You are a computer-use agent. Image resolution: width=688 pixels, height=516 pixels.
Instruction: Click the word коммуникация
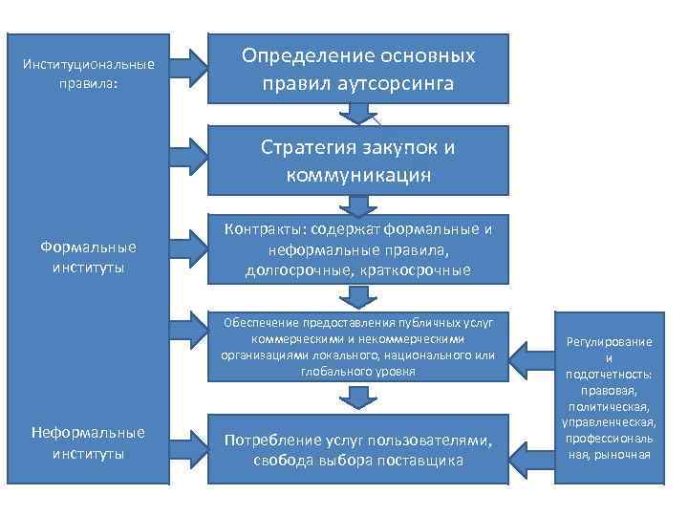[x=358, y=175]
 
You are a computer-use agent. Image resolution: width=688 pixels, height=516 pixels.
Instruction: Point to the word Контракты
[x=263, y=229]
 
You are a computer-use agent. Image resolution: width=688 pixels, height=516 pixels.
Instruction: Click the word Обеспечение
[x=260, y=323]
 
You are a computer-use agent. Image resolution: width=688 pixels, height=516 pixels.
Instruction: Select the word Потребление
[x=271, y=441]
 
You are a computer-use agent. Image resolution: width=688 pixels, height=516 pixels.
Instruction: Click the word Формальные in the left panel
[x=88, y=247]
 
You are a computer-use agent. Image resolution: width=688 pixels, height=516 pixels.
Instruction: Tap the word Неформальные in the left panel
[x=88, y=433]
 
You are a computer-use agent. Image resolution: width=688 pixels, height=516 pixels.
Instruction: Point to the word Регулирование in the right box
[x=609, y=342]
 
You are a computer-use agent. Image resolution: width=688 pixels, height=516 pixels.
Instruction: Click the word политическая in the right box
[x=609, y=407]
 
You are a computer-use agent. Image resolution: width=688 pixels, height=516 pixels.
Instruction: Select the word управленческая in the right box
[x=609, y=422]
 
